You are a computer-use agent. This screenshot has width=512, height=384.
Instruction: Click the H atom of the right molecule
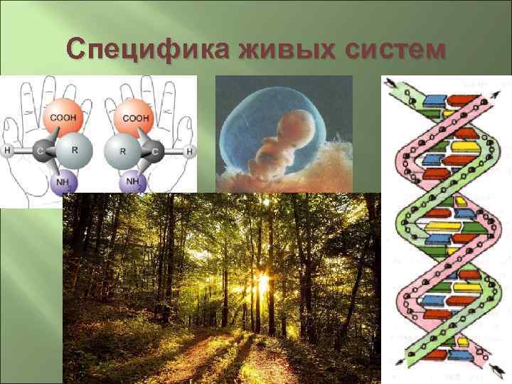pos(190,151)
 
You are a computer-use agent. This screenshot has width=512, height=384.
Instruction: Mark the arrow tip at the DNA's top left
pos(388,80)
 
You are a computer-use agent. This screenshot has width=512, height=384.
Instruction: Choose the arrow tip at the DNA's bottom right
pos(493,372)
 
